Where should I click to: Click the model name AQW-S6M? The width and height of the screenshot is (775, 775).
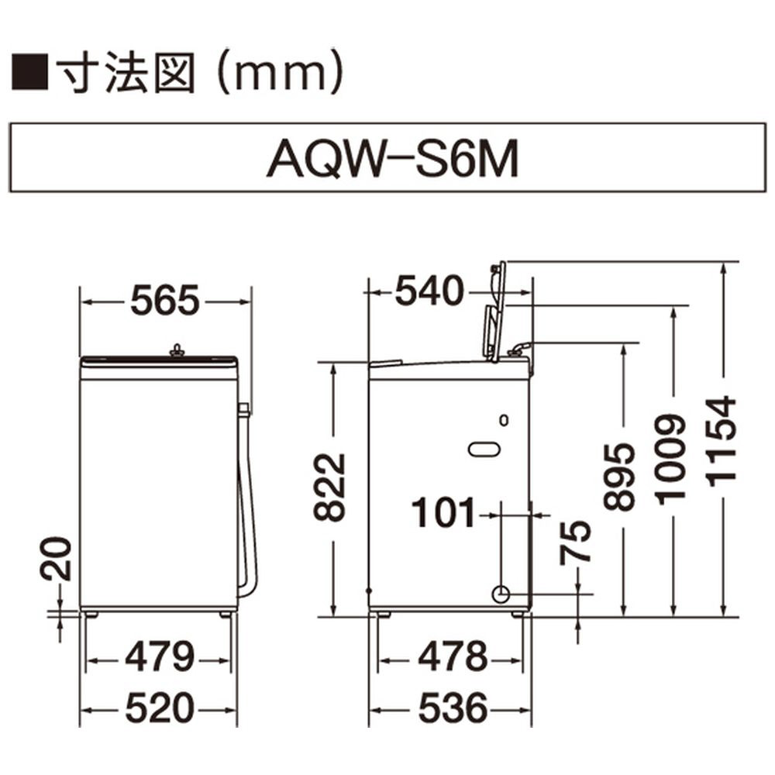tap(392, 159)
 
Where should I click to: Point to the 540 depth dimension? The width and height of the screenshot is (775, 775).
tap(429, 291)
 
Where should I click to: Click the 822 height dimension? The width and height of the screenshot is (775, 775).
tap(329, 487)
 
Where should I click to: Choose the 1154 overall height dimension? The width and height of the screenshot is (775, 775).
tap(722, 440)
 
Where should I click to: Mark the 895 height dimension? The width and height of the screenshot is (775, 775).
tap(618, 477)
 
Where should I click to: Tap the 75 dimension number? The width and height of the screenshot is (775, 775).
tap(575, 542)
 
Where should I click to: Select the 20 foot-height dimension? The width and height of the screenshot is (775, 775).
tap(56, 559)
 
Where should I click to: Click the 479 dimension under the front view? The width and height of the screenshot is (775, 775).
tap(159, 657)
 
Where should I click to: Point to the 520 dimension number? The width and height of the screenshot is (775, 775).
tap(159, 708)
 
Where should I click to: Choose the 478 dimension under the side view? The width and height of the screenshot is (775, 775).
tap(453, 657)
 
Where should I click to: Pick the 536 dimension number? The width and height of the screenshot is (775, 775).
tap(453, 708)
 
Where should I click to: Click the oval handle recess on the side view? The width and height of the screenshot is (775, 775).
tap(484, 449)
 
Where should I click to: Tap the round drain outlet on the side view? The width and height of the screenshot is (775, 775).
tap(501, 594)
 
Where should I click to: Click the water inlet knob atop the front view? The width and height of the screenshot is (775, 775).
tap(177, 351)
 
